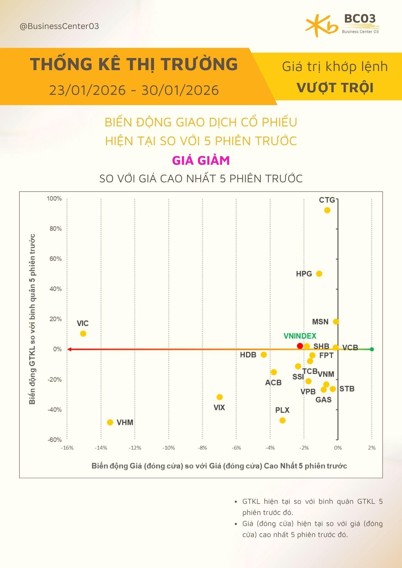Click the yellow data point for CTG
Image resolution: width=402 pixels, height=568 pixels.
point(327,210)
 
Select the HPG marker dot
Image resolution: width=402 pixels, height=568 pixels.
point(319,273)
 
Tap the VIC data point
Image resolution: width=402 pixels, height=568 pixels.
point(83,333)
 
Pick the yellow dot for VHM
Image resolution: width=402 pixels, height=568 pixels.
point(110,422)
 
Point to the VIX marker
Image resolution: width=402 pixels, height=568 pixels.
point(219,397)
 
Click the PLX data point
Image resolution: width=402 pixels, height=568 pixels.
point(282,420)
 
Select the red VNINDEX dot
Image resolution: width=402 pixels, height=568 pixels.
point(300,346)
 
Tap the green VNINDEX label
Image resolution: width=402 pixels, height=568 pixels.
point(300,336)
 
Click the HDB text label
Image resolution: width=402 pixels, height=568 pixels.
point(248,355)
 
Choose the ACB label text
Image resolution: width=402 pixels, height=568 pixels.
point(273,383)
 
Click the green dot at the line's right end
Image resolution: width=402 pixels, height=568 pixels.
point(372,349)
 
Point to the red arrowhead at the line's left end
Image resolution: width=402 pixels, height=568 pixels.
point(69,349)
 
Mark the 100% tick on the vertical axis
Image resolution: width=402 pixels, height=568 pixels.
point(54,199)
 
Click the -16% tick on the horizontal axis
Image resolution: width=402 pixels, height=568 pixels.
point(67,448)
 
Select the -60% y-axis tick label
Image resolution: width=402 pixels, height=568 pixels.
point(54,440)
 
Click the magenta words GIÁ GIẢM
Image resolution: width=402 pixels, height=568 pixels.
point(201,160)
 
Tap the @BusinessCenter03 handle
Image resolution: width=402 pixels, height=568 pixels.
point(59,26)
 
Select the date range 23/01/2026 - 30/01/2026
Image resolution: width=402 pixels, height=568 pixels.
point(134,90)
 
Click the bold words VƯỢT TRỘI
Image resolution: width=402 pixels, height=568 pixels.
point(335,87)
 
